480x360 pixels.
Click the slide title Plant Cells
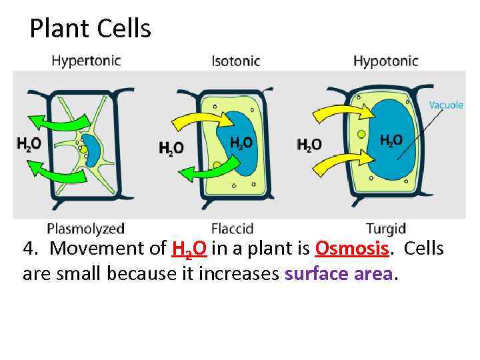[x=91, y=29]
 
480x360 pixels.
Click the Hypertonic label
[x=86, y=61]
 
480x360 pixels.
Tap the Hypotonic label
[x=385, y=61]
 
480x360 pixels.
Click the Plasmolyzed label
[x=85, y=229]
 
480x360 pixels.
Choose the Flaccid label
[x=232, y=229]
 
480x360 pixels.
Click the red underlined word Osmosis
[x=352, y=249]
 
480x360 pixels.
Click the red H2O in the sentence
[x=189, y=249]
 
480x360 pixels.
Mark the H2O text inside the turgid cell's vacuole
[x=391, y=139]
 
